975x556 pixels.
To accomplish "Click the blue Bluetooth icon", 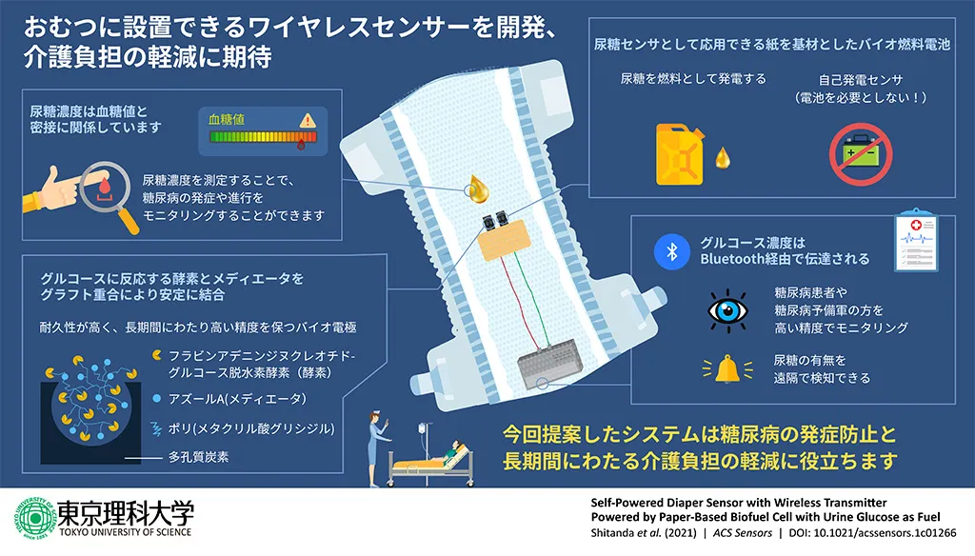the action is point(671,251).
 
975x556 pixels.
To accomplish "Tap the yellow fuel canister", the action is point(680,155).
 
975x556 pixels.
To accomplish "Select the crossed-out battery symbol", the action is point(861,154).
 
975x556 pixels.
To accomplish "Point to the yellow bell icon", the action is point(726,368).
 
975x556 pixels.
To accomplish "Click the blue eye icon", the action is point(728,310).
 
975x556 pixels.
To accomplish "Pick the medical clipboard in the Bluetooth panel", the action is point(916,241).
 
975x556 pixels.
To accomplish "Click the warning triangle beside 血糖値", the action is point(308,120).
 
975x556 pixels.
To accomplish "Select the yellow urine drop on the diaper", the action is point(478,189).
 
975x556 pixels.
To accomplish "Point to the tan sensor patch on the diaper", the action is point(504,241).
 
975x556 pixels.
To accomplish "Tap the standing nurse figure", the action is point(377,447).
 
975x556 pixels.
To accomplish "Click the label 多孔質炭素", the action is point(198,457).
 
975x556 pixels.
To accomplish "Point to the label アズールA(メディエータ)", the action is point(237,399).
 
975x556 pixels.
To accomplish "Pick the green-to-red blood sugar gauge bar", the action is point(263,137).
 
